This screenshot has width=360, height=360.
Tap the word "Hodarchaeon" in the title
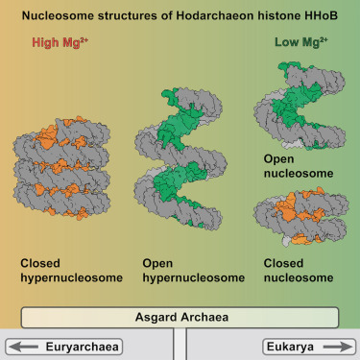203,13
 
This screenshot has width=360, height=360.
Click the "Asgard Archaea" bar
179,318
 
